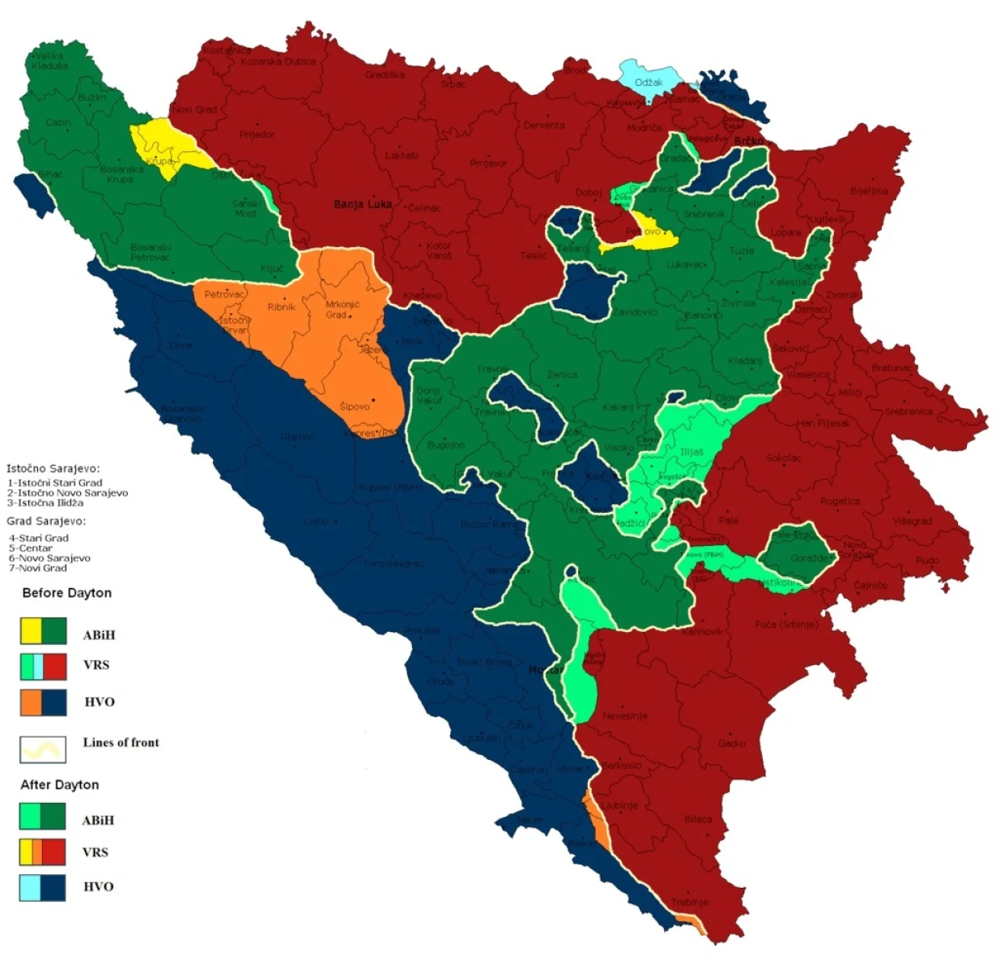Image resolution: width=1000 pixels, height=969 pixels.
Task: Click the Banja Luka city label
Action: [362, 204]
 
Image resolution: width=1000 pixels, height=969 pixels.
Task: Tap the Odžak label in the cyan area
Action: [649, 83]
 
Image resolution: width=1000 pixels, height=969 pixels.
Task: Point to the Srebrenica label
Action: [908, 412]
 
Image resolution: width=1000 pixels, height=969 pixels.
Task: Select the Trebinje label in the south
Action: [689, 902]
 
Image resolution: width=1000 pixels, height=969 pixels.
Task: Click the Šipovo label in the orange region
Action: [355, 406]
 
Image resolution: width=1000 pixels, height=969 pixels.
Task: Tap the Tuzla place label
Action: [741, 251]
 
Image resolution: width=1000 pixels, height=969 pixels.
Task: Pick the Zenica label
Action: [562, 375]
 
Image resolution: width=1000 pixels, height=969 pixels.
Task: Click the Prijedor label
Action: [257, 134]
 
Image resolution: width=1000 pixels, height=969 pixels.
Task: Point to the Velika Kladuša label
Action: [48, 61]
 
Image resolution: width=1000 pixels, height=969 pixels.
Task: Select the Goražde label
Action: [811, 558]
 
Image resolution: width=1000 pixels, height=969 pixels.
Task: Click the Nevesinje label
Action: [624, 716]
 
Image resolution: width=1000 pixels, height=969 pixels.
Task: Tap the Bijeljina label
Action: [869, 191]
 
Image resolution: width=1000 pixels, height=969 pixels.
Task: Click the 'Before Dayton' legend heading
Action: [67, 593]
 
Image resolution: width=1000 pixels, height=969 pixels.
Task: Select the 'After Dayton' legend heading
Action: [60, 785]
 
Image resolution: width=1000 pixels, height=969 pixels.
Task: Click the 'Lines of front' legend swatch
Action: [43, 749]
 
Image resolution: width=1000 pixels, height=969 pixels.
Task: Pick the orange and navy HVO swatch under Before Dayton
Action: [43, 702]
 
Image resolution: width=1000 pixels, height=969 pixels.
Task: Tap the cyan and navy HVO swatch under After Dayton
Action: [42, 887]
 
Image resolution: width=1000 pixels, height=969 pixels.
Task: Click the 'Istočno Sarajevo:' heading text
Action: [53, 468]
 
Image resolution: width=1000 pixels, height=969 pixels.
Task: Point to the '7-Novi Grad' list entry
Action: [38, 568]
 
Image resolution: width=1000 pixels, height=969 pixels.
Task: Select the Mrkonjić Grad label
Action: [342, 309]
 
